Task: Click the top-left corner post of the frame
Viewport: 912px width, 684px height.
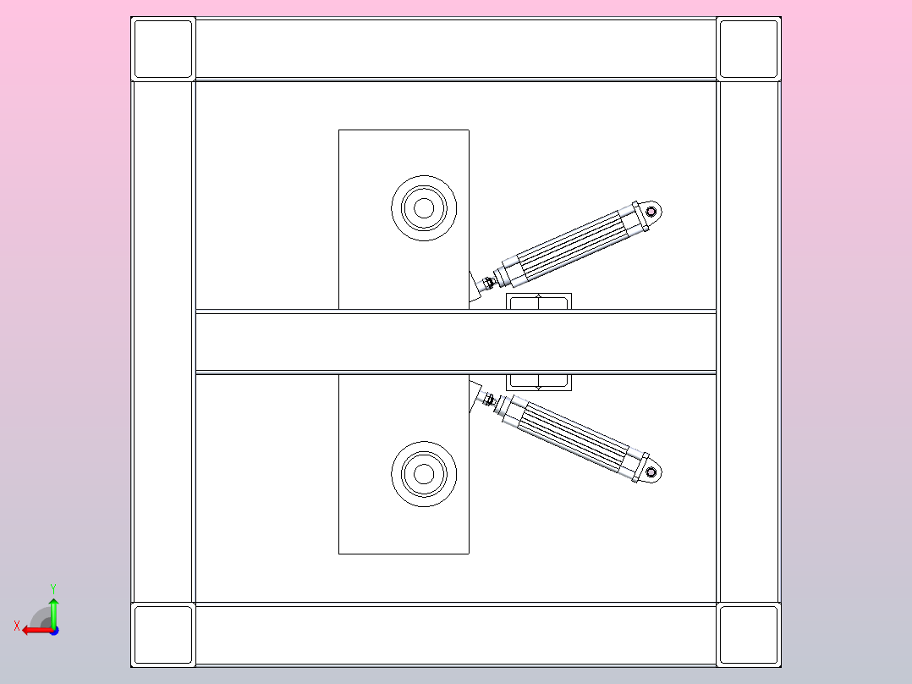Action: pos(163,49)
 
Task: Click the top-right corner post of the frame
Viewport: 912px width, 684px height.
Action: pos(749,49)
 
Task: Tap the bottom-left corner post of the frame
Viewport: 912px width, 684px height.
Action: pos(163,635)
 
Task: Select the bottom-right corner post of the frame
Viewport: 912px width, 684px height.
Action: pos(749,635)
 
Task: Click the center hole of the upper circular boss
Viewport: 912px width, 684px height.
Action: pos(424,207)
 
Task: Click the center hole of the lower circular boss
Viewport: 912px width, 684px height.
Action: pos(424,474)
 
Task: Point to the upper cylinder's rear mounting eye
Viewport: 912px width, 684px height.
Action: pos(651,212)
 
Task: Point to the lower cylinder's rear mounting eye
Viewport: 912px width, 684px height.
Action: pos(651,472)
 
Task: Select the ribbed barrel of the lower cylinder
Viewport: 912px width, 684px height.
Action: pos(574,438)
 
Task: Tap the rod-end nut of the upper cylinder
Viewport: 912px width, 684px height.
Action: pos(489,283)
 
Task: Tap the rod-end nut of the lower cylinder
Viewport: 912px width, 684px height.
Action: pos(489,400)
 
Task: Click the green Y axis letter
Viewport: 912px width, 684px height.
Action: pos(53,589)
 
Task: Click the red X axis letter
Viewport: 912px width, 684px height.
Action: pos(17,626)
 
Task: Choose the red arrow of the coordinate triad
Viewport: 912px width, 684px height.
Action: pos(37,631)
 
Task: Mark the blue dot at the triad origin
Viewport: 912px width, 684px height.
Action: pos(54,631)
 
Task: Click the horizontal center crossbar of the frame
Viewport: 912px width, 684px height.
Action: pos(455,342)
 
